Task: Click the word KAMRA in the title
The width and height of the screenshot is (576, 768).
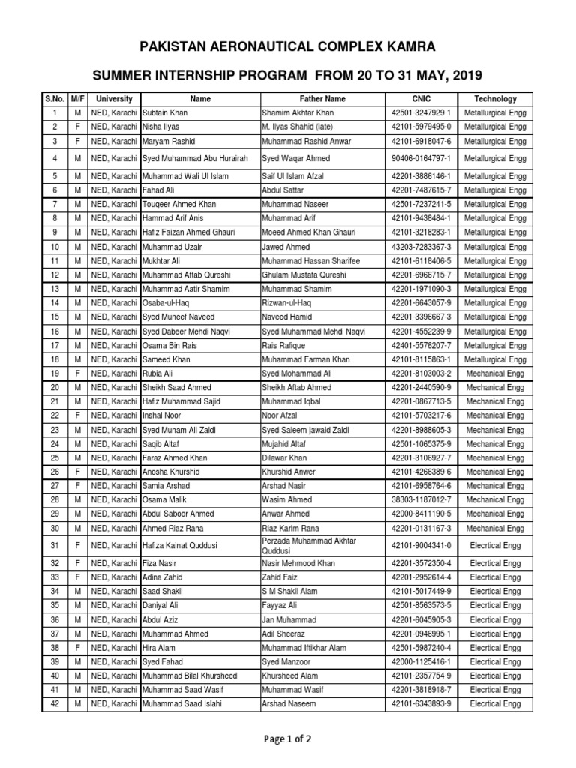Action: pos(408,47)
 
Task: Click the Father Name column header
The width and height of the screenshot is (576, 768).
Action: pos(322,98)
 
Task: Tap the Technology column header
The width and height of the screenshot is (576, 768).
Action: pos(495,98)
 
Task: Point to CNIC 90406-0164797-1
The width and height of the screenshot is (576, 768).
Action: pos(421,159)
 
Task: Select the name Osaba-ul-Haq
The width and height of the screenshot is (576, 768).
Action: pos(165,303)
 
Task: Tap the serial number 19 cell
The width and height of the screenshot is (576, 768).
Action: pos(55,373)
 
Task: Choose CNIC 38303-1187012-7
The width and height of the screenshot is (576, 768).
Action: pos(421,499)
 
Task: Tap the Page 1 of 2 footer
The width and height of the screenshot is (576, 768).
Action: pos(287,739)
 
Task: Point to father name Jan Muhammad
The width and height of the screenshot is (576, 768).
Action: pos(289,620)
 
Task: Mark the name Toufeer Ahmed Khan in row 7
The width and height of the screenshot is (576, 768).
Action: pos(179,204)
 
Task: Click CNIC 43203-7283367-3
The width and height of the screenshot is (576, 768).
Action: pos(421,247)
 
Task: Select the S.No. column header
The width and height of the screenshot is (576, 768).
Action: pos(55,98)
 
